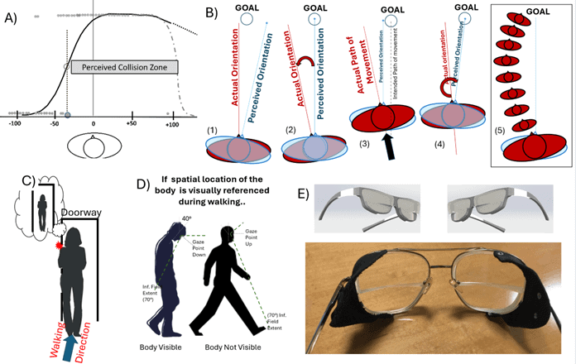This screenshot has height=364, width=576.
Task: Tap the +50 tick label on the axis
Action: pyautogui.click(x=130, y=123)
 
